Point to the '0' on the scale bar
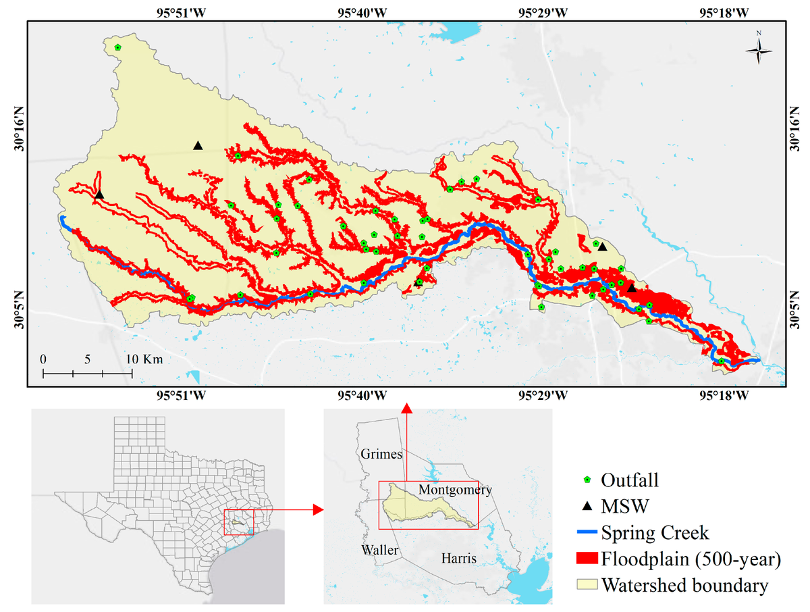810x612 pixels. click(43, 359)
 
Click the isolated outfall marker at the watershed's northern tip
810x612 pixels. click(117, 47)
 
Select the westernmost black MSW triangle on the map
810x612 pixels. click(99, 195)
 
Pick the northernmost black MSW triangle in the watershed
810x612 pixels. click(198, 145)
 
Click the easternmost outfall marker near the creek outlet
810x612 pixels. click(722, 361)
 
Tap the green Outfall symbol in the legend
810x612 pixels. click(587, 480)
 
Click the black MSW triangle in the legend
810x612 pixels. click(587, 506)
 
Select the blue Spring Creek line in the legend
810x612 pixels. click(587, 533)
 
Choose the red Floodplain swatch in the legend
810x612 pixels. click(587, 559)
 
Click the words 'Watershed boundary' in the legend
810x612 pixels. click(684, 585)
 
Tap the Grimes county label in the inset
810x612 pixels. click(381, 454)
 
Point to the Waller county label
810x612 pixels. click(379, 550)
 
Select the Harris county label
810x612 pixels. click(458, 558)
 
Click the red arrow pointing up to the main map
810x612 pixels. click(407, 407)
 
